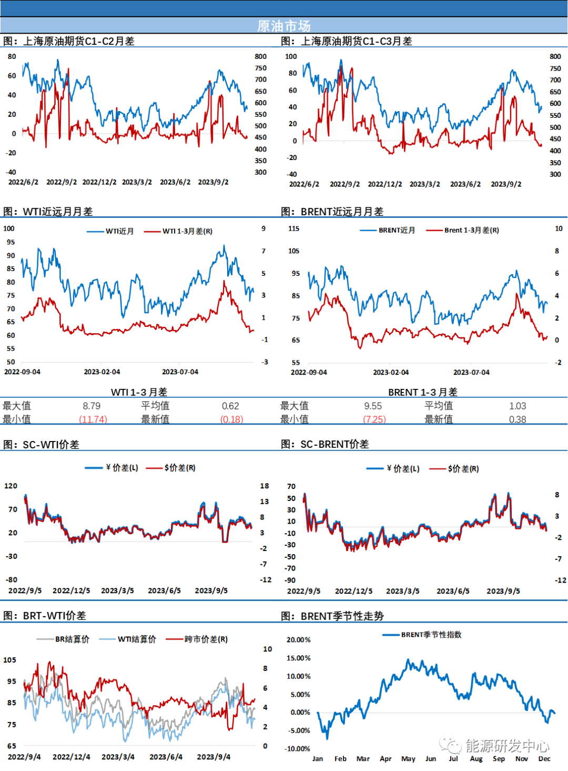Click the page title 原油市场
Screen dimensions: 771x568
tap(284, 26)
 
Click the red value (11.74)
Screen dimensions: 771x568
tap(93, 419)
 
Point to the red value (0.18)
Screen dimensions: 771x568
tap(232, 419)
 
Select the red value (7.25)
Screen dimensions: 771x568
tap(375, 419)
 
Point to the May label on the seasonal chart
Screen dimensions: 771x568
tap(408, 758)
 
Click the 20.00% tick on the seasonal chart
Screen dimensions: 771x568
tap(298, 639)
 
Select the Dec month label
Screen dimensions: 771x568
tap(544, 758)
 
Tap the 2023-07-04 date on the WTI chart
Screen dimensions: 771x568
tap(180, 372)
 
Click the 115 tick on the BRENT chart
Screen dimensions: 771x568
tap(294, 228)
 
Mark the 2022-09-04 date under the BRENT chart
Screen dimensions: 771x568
tap(309, 372)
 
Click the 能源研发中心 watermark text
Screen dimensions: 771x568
tap(507, 745)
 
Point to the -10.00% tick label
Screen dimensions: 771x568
tap(297, 748)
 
